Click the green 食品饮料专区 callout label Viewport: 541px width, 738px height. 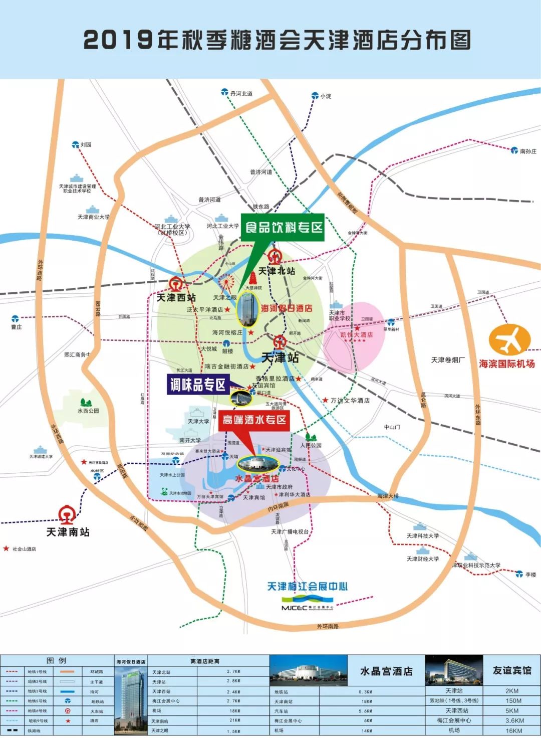coord(284,228)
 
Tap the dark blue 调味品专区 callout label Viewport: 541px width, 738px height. coord(198,385)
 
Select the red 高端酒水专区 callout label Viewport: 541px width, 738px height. coord(254,420)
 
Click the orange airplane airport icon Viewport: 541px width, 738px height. coord(509,340)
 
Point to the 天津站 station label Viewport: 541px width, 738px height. coord(280,357)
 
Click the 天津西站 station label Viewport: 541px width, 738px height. coord(176,298)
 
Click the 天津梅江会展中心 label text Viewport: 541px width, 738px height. coord(307,587)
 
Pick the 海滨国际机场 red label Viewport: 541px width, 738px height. coord(506,363)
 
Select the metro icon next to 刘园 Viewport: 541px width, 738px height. coord(75,144)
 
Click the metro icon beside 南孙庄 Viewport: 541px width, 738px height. coord(514,150)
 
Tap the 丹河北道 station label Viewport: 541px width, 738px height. coord(241,94)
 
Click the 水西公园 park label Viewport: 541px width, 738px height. coord(88,411)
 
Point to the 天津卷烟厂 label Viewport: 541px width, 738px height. coord(447,360)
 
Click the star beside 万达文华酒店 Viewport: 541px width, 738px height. coord(325,400)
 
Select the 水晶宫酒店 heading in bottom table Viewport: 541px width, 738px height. coord(386,671)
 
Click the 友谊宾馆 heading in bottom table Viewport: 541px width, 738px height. coord(511,670)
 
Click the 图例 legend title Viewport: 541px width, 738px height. coord(56,660)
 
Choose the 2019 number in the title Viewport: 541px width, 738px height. coord(118,40)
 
